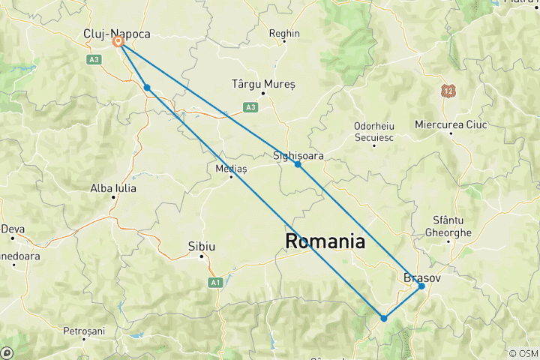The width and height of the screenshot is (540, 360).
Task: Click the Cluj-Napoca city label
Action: [x=117, y=34]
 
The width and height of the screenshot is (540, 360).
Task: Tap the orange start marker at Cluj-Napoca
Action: [x=118, y=42]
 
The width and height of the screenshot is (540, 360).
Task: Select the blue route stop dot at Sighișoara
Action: [x=298, y=164]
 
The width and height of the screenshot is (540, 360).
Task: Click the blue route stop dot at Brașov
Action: [x=421, y=286]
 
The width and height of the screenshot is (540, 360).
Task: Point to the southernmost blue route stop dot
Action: [x=384, y=319]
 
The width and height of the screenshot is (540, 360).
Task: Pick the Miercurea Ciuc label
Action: [x=451, y=123]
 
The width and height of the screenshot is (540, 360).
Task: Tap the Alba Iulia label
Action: [x=113, y=188]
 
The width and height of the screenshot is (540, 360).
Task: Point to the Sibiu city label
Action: [x=201, y=246]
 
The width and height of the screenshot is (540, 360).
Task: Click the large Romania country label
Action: [x=325, y=241]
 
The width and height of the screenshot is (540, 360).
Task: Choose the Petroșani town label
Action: [x=84, y=330]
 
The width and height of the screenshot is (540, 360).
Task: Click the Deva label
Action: [x=13, y=229]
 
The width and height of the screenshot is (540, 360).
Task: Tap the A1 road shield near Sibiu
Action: [x=215, y=282]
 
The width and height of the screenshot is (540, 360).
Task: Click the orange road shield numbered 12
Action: [x=447, y=90]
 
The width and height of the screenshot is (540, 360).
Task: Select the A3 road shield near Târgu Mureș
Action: [x=250, y=107]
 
